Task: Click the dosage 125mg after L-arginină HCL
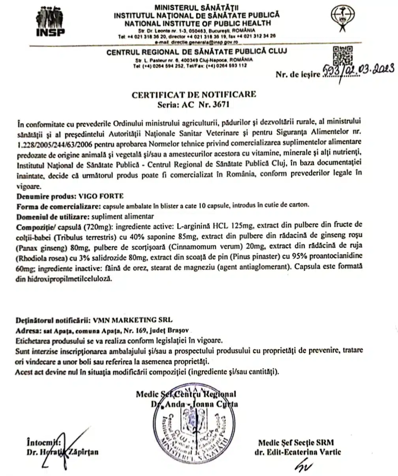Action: tap(233, 227)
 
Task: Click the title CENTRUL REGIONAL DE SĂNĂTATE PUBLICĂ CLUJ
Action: tap(197, 51)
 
